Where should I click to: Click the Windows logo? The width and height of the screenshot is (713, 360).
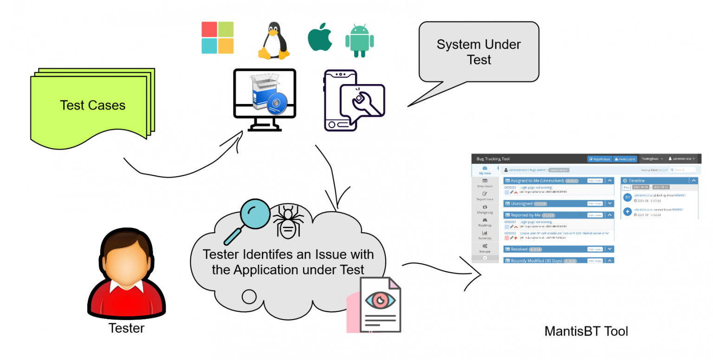[x=217, y=38]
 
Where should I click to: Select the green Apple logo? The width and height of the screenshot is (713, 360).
[x=320, y=39]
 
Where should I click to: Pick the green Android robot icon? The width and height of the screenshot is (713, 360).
[x=359, y=40]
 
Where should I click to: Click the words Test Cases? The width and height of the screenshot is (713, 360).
[x=92, y=105]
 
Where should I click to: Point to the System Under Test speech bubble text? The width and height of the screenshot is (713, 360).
[x=479, y=52]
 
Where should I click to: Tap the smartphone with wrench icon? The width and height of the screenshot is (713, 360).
[x=353, y=100]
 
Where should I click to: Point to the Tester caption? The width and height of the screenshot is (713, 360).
[x=126, y=328]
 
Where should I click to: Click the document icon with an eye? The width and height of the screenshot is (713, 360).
[x=380, y=304]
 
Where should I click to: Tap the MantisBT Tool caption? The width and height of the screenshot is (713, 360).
[x=586, y=331]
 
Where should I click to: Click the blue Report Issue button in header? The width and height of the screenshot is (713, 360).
[x=599, y=159]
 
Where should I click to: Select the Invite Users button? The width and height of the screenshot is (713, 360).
[x=624, y=159]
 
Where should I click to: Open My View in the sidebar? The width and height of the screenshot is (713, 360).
[x=485, y=170]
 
